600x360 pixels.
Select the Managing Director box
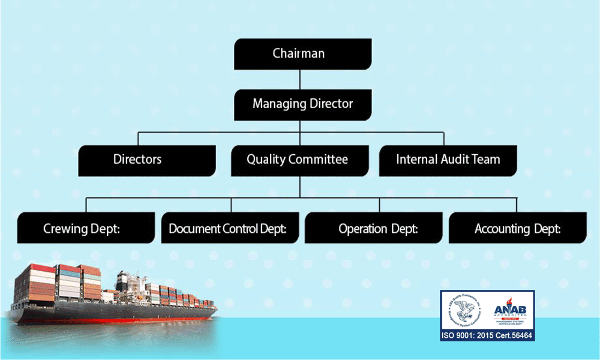(302, 104)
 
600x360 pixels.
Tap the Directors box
(147, 160)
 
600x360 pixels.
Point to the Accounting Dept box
(517, 229)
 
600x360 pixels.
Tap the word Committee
(319, 160)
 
